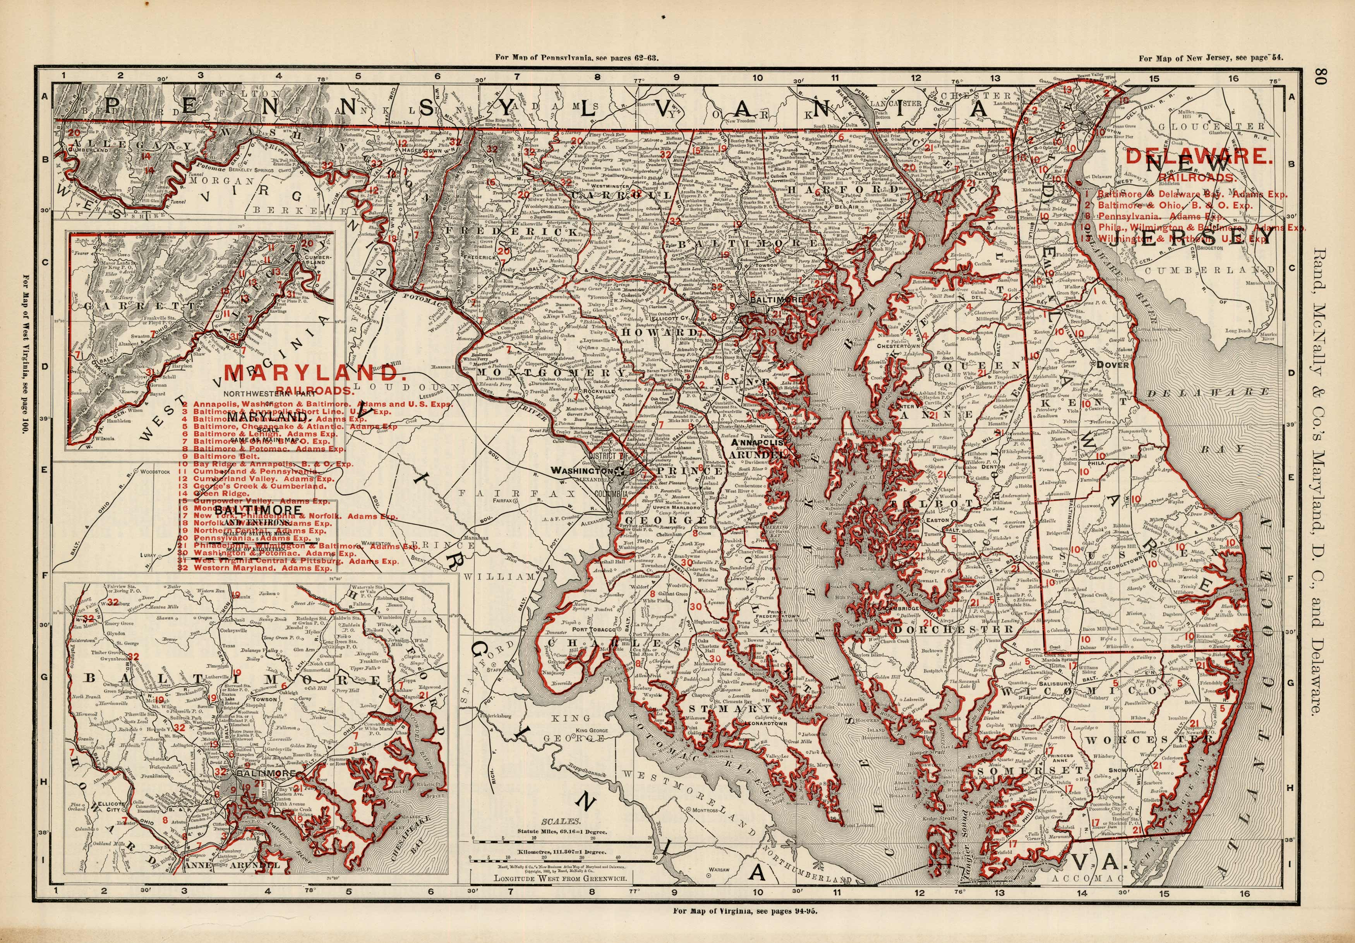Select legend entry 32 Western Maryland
coord(257,568)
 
